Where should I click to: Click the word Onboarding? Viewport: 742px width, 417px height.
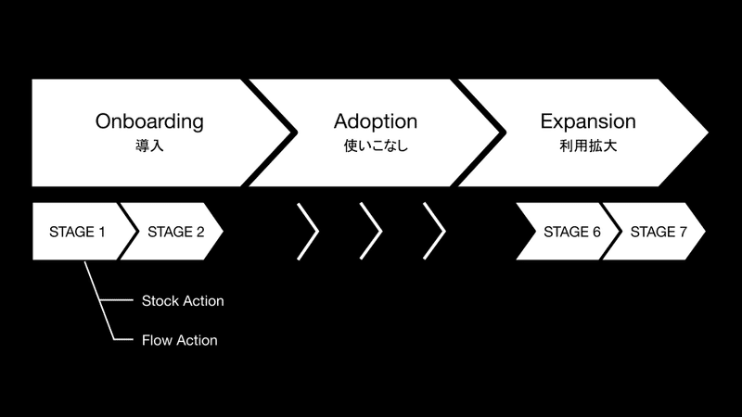tap(149, 122)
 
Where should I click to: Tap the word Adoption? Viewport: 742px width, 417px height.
tap(376, 122)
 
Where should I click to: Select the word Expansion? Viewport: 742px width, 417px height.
tap(588, 122)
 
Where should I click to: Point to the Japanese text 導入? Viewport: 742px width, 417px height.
tap(149, 145)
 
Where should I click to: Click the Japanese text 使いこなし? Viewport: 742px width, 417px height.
tap(376, 145)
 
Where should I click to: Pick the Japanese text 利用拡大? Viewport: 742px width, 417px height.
tap(588, 145)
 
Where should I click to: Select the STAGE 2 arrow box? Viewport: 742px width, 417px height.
tap(172, 231)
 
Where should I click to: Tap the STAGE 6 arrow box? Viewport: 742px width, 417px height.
tap(568, 231)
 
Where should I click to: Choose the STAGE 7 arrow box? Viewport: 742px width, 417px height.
tap(655, 231)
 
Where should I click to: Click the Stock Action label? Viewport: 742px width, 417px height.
tap(183, 300)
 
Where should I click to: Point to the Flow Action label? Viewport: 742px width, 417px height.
tap(180, 340)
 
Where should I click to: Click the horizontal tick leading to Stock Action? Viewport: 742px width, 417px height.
tap(117, 300)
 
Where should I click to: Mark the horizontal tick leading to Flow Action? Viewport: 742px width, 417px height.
tap(123, 339)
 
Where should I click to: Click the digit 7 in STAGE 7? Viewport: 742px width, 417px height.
tap(683, 232)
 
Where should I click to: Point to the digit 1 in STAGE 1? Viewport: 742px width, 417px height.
tap(101, 232)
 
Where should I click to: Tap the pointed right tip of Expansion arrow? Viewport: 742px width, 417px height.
tap(708, 133)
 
